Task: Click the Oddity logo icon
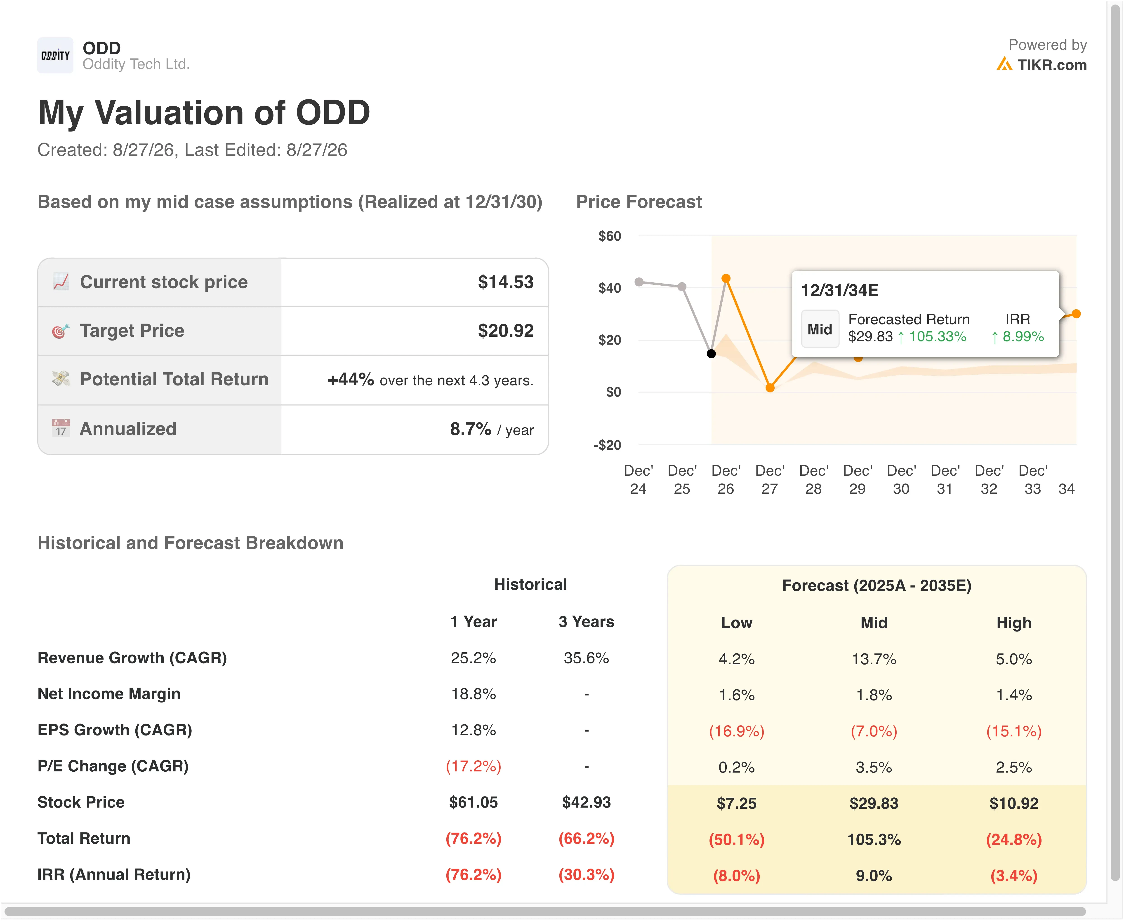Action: pyautogui.click(x=55, y=55)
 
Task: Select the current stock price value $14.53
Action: pyautogui.click(x=505, y=282)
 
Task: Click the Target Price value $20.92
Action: pyautogui.click(x=505, y=331)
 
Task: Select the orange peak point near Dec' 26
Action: pyautogui.click(x=726, y=279)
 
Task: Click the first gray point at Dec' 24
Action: pyautogui.click(x=639, y=282)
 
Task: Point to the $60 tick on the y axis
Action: pyautogui.click(x=609, y=236)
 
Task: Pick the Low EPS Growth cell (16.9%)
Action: pyautogui.click(x=737, y=731)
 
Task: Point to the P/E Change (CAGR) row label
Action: pyautogui.click(x=113, y=766)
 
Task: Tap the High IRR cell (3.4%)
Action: pyautogui.click(x=1014, y=875)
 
